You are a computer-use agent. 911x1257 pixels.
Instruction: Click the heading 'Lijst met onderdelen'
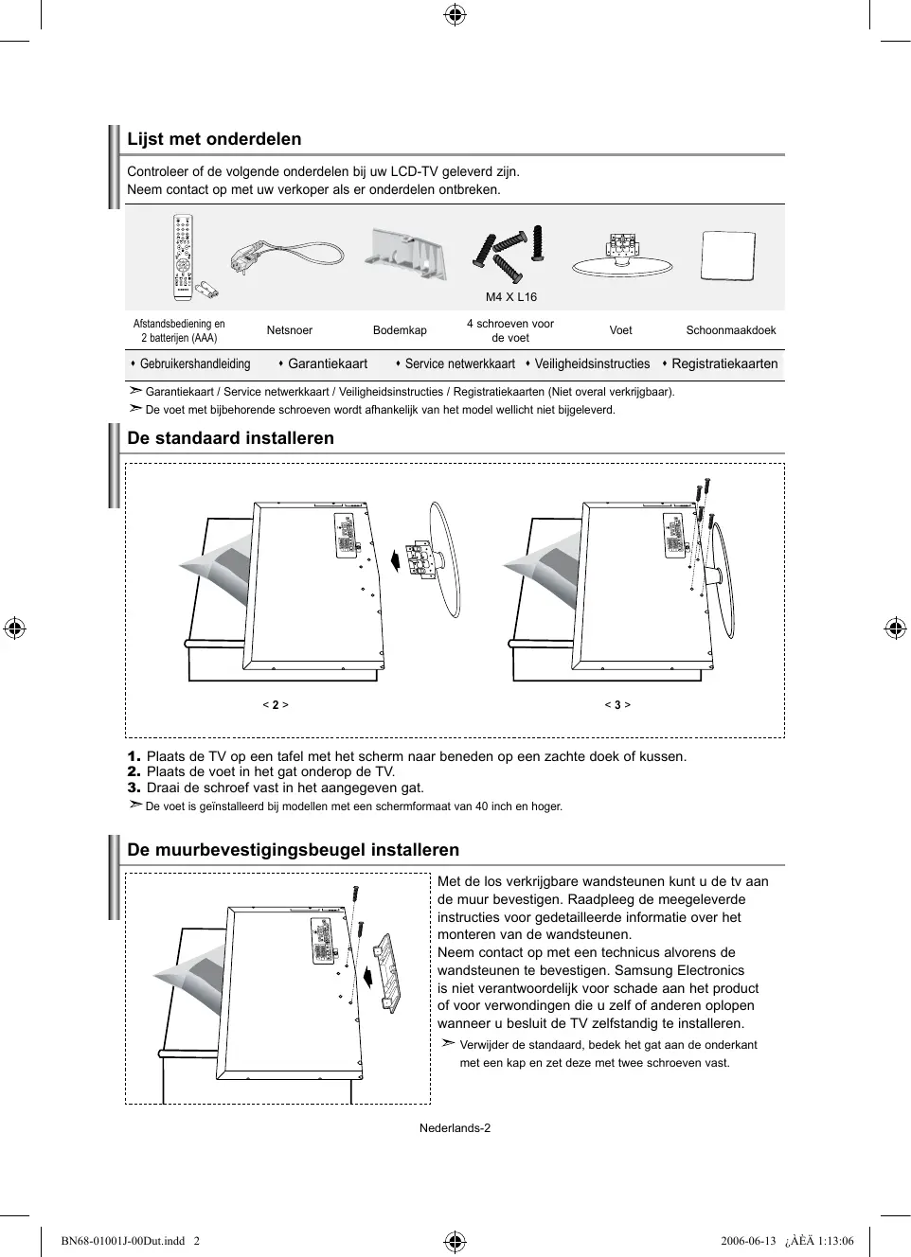[x=214, y=139]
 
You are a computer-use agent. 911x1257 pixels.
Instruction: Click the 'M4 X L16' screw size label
[x=511, y=297]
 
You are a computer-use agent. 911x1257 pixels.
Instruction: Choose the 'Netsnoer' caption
[x=289, y=330]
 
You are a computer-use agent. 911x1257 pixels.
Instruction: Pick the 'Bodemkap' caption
[x=400, y=330]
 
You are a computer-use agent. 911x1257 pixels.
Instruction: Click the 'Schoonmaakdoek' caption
[x=730, y=330]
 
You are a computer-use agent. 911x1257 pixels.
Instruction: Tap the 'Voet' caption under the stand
[x=620, y=330]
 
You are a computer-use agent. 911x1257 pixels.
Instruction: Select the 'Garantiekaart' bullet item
[x=327, y=363]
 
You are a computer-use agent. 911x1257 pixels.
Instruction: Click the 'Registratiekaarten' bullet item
[x=724, y=363]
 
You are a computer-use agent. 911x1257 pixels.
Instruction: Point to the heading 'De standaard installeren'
[x=230, y=438]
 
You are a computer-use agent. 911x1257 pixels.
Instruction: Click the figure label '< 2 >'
[x=276, y=705]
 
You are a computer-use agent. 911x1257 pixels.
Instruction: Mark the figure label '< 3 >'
[x=617, y=705]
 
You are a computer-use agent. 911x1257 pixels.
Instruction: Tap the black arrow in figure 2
[x=395, y=559]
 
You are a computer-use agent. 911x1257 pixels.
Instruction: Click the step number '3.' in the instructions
[x=134, y=788]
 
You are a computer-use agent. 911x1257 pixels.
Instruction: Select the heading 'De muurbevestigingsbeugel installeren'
[x=293, y=850]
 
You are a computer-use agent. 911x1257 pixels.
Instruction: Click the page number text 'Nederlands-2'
[x=455, y=1128]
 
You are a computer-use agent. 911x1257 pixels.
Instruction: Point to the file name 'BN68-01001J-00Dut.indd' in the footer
[x=122, y=1241]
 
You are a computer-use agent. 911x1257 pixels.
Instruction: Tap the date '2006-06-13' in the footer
[x=747, y=1241]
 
